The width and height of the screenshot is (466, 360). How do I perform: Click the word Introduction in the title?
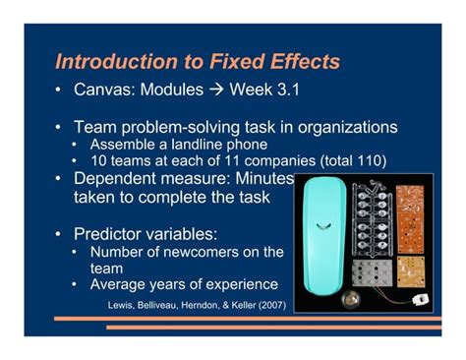(110, 62)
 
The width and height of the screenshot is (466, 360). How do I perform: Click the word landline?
(175, 146)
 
